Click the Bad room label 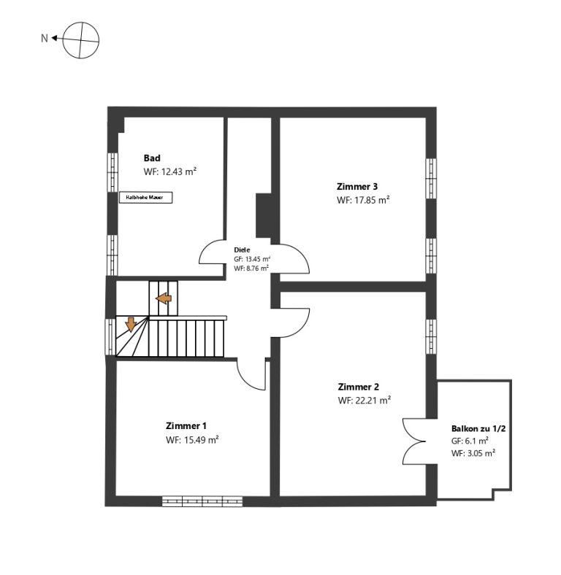tap(152, 158)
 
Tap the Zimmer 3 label tap(357, 186)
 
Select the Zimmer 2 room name tap(359, 387)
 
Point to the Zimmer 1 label tap(186, 425)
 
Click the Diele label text tap(242, 250)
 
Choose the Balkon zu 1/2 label tap(478, 428)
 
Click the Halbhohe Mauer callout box tap(146, 197)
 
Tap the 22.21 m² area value tap(373, 400)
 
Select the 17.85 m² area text tap(372, 200)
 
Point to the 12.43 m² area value tap(179, 171)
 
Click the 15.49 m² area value tap(201, 440)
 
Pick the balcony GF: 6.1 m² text tap(470, 441)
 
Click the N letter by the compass tap(45, 38)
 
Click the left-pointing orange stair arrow tap(164, 298)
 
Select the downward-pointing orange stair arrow tap(131, 324)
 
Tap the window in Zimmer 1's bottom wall tap(202, 501)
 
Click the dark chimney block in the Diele tap(263, 216)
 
